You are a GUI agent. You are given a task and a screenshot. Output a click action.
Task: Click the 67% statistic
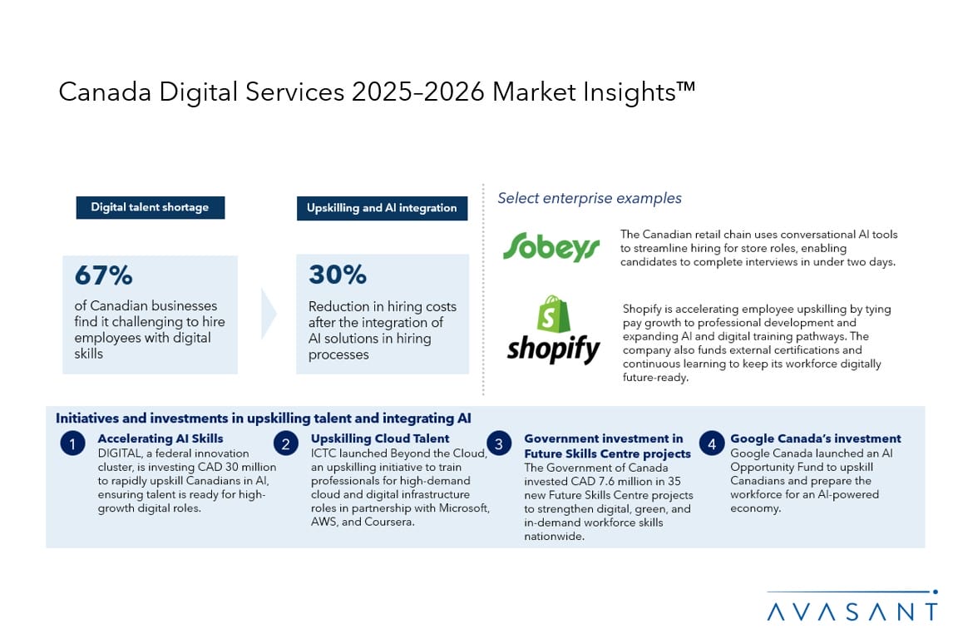point(103,275)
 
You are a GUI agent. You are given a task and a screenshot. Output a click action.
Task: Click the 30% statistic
point(338,275)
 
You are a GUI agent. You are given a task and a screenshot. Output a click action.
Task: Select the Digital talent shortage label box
point(151,207)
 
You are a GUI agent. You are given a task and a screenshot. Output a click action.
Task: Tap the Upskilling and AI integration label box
point(382,208)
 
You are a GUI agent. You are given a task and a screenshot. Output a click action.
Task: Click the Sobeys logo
point(551,246)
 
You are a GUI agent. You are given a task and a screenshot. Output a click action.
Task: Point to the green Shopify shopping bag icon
point(553,314)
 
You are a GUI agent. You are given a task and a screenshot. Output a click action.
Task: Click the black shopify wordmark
point(554,349)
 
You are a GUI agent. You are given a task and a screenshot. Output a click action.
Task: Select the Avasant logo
point(852,607)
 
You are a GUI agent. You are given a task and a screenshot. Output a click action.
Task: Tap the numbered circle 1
point(72,443)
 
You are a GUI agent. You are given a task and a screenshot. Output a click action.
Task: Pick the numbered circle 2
point(286,443)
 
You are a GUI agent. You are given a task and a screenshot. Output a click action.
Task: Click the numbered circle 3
point(499,443)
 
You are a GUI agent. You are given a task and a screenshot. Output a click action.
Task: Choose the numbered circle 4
point(711,443)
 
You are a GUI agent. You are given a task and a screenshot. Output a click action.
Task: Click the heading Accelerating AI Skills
point(160,438)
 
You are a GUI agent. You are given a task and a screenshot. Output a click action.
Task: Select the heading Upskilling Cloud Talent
point(380,438)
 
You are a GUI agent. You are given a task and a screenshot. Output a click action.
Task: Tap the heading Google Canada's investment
point(816,438)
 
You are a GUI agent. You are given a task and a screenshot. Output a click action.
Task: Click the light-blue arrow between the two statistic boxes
point(269,313)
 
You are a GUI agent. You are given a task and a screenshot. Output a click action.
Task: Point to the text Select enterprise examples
point(590,198)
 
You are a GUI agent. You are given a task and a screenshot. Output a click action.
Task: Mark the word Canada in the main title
point(105,92)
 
